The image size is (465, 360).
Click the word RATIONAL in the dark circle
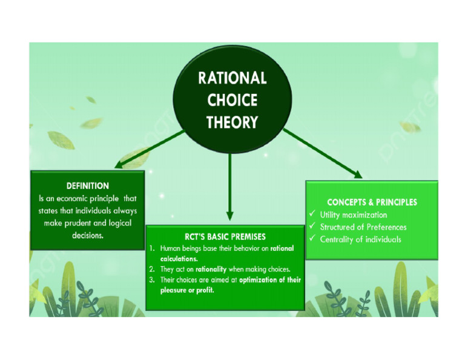(x=232, y=78)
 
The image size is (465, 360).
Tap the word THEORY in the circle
(x=232, y=122)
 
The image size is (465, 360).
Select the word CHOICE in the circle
(x=232, y=100)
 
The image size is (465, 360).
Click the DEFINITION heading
(x=88, y=186)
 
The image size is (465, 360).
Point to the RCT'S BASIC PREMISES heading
(x=225, y=236)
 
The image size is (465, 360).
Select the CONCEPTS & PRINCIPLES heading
(x=372, y=202)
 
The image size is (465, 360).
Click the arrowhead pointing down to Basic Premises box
(x=229, y=215)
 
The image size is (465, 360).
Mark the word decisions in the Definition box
(x=88, y=235)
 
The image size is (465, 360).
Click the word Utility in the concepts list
(x=331, y=215)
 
